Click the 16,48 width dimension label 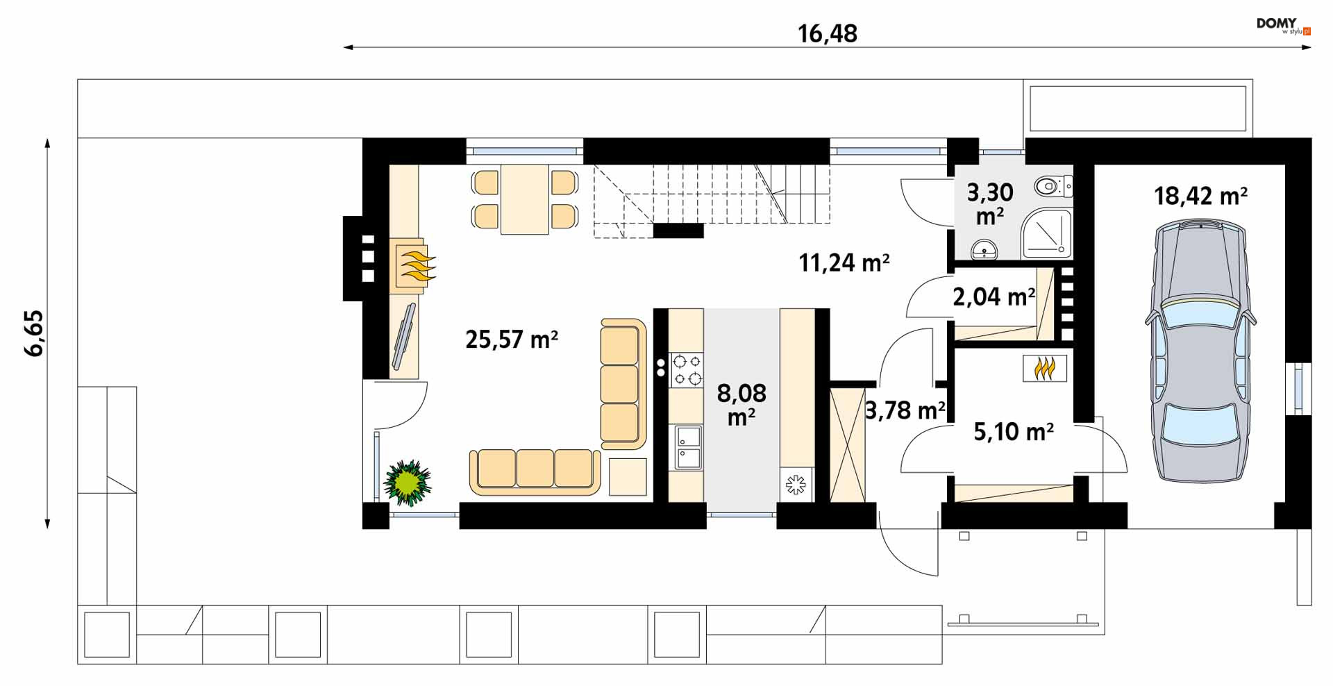[828, 33]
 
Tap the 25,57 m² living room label [512, 340]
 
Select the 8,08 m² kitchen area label [741, 404]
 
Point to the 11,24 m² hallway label [844, 262]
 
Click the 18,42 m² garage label [1200, 196]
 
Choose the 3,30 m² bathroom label [990, 203]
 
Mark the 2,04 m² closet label [994, 297]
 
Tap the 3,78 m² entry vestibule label [905, 410]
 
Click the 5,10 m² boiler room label [1014, 432]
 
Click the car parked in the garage [1200, 351]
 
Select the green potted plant [408, 482]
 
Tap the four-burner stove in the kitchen [686, 370]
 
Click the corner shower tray [1046, 232]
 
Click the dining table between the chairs [525, 199]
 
